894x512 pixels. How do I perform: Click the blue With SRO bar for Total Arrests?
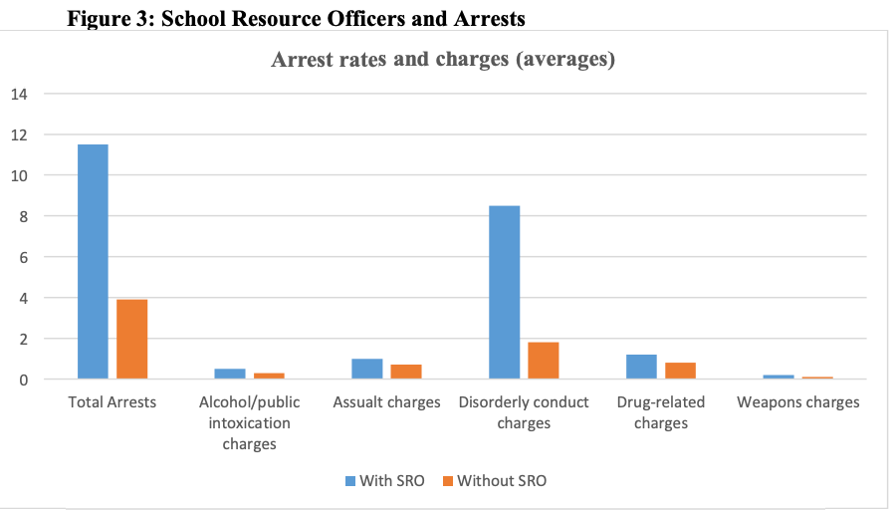click(93, 261)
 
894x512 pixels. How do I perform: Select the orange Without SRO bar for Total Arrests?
click(131, 339)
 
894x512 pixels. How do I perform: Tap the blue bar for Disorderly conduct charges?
click(504, 292)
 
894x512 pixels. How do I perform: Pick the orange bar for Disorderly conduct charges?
click(543, 361)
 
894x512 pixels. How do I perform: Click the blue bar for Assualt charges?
click(366, 369)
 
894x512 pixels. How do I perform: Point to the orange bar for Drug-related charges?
click(680, 371)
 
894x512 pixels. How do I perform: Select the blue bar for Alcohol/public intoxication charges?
click(230, 374)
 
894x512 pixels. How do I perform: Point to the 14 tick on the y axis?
click(20, 94)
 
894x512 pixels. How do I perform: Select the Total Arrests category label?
click(112, 402)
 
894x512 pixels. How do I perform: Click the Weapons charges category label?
click(797, 402)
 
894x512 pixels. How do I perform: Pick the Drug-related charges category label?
click(660, 412)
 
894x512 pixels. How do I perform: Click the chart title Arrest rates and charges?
click(443, 60)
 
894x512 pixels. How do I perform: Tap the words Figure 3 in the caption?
click(106, 17)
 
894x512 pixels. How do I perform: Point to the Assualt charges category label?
click(386, 402)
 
